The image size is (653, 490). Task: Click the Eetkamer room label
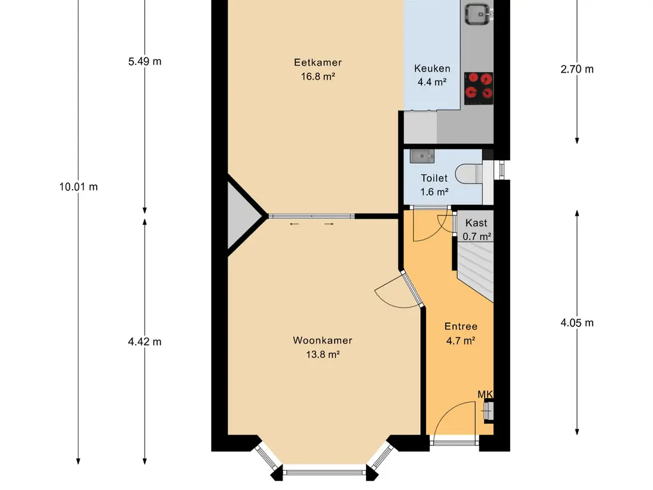point(318,63)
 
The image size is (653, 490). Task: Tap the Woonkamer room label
point(322,341)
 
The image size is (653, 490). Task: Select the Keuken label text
point(432,68)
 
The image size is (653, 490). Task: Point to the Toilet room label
point(434,179)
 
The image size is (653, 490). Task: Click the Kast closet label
point(476,223)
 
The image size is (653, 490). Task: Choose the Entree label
point(460,327)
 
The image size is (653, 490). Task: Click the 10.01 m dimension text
point(78,187)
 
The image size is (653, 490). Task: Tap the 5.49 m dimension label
point(145,62)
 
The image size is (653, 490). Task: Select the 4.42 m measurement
point(145,342)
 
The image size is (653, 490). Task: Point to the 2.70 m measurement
point(576,69)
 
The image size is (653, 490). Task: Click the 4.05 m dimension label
point(576,322)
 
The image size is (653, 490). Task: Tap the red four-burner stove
point(478,88)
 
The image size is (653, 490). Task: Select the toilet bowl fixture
point(469,174)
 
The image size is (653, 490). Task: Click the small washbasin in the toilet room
point(422,156)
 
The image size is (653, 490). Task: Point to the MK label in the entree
point(485,394)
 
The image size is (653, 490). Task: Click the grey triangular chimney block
point(242,216)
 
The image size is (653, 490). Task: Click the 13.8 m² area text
point(323,355)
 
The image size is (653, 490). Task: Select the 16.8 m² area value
point(318,77)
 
